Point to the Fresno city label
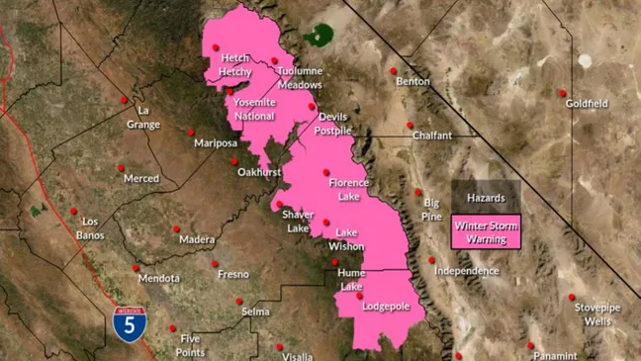coord(233,274)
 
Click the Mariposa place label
coord(216,143)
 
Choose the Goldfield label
coord(587,104)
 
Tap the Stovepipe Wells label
coord(597,315)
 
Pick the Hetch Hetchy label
coord(235,65)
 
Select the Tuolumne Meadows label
coord(300,79)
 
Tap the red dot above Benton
coord(394,71)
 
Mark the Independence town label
coord(466,271)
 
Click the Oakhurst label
coord(259,172)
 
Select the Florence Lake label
coord(348,189)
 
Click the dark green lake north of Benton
coord(318,37)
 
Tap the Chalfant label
coord(432,135)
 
